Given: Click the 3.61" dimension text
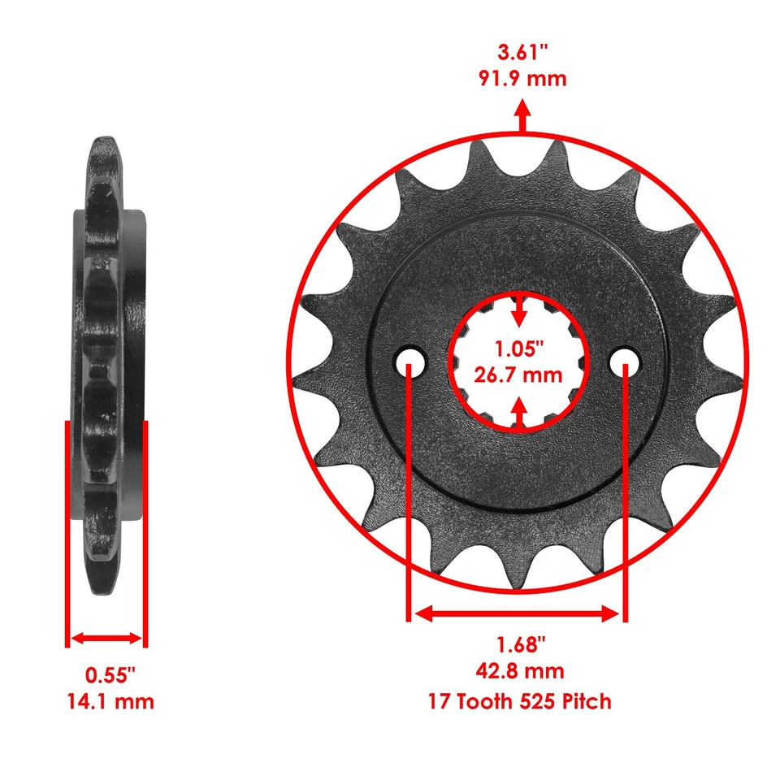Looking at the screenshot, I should (x=522, y=54).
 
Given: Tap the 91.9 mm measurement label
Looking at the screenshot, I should (x=522, y=79).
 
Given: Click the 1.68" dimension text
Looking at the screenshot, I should (x=520, y=645).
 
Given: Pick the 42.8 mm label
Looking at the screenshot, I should (x=520, y=671).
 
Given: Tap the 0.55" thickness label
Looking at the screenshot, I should (x=110, y=674).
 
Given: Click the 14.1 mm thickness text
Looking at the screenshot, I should (x=110, y=700).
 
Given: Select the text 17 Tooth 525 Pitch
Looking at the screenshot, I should (x=520, y=700).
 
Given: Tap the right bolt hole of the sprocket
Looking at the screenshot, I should (x=626, y=358).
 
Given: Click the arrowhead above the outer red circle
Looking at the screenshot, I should (x=522, y=111).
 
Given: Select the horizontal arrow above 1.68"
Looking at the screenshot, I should (x=517, y=614).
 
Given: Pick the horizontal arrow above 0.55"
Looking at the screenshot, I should (x=106, y=639).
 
